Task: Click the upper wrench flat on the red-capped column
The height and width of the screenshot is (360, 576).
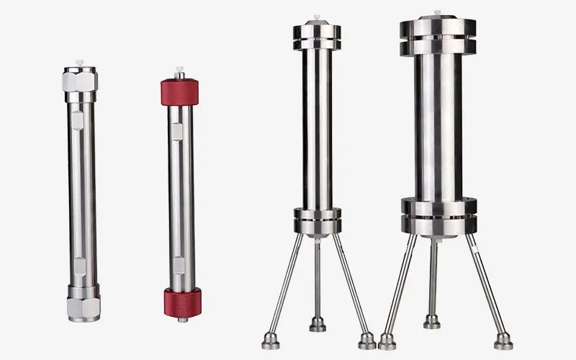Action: click(177, 130)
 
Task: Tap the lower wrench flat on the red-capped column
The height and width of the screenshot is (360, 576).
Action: click(178, 265)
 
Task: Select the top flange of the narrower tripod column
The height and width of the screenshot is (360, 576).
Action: click(316, 37)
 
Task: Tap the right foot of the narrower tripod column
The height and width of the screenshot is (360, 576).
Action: click(366, 340)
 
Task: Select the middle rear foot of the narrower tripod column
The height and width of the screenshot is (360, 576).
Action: click(318, 324)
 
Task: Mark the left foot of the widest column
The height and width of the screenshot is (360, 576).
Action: click(387, 341)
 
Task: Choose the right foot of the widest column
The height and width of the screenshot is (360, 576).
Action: click(503, 341)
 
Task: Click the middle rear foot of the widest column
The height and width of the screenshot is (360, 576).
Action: click(432, 321)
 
